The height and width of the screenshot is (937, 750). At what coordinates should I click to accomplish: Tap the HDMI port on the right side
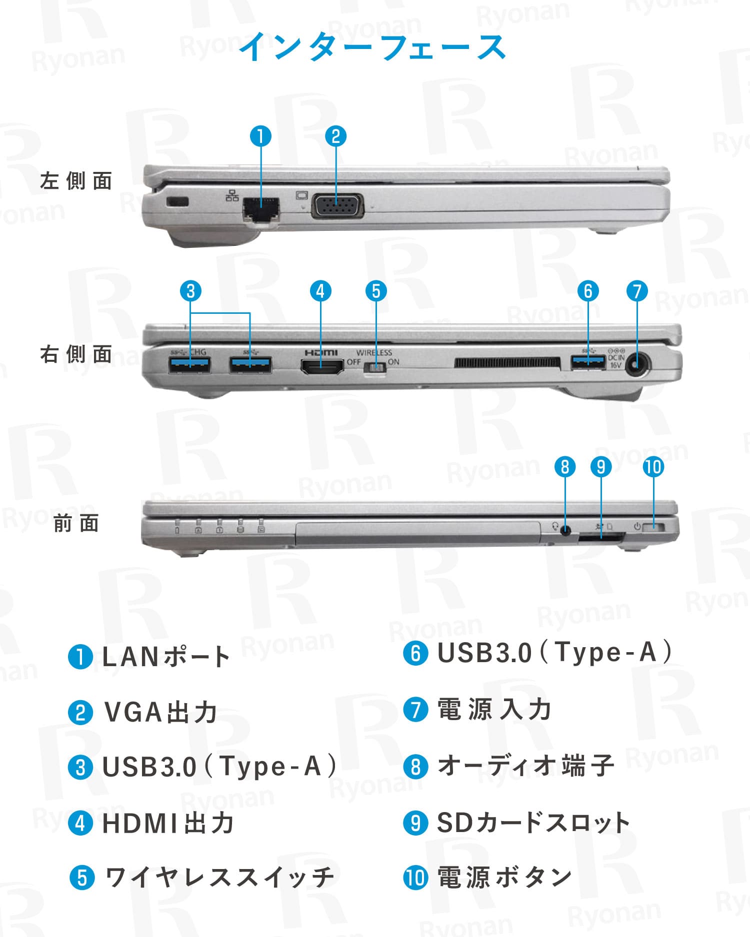(322, 367)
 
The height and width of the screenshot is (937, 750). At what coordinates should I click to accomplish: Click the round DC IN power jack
(636, 366)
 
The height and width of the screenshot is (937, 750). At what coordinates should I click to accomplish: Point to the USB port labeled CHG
(189, 365)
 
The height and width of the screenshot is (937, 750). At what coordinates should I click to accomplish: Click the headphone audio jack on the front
(565, 531)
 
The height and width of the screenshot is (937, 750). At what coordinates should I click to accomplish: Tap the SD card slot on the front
(601, 538)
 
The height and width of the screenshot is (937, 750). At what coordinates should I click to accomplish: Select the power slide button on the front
(654, 527)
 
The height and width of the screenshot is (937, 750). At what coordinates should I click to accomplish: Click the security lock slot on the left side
(177, 202)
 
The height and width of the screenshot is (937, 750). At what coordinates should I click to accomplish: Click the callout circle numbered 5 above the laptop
(376, 291)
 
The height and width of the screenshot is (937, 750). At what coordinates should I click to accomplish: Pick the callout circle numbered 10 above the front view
(653, 467)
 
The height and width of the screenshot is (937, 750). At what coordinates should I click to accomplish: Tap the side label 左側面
(76, 181)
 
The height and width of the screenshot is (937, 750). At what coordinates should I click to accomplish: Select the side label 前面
(76, 523)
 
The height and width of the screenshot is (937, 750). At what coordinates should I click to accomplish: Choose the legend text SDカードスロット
(533, 823)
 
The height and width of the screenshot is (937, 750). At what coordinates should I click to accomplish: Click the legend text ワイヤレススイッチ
(219, 878)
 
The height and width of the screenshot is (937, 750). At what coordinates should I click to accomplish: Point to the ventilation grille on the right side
(506, 362)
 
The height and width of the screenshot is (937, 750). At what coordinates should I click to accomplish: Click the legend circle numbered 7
(415, 710)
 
